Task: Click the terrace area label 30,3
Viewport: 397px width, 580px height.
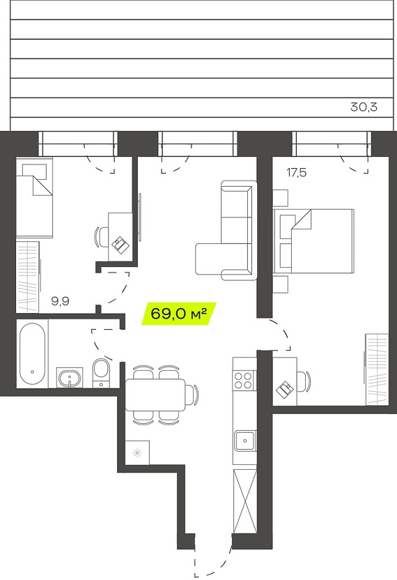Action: pos(364,107)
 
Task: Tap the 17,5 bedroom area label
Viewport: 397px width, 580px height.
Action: pos(297,172)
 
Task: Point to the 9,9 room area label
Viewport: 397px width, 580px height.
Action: pos(61,301)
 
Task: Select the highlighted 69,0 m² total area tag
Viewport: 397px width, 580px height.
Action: pos(179,314)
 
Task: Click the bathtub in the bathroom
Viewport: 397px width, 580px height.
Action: pos(33,354)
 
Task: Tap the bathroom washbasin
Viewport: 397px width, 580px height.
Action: pos(70,378)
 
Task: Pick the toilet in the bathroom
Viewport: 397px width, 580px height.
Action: pos(100,373)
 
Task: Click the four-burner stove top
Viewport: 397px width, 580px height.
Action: pos(244,380)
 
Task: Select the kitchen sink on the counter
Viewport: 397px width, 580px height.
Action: pos(244,440)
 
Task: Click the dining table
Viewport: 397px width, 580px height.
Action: pos(155,395)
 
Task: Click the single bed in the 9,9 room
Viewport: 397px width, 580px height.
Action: pos(34,197)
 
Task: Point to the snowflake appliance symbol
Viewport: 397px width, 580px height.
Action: pos(137,452)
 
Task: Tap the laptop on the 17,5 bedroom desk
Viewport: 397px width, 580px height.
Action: pos(285,390)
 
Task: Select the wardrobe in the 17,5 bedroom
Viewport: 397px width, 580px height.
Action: pos(377,369)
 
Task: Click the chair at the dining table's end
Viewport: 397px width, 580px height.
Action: pos(192,395)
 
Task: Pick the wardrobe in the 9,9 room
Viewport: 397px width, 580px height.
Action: pos(28,277)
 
